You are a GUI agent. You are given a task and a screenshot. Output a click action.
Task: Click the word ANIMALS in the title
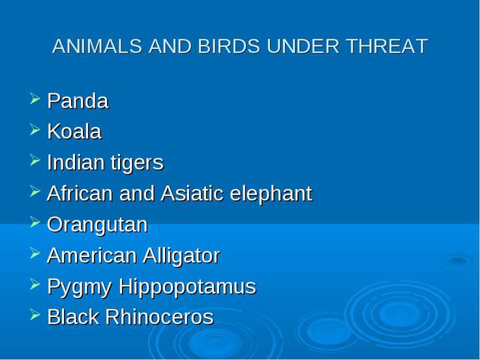coord(97,46)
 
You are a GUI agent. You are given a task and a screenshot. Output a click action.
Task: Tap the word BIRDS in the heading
coord(230,46)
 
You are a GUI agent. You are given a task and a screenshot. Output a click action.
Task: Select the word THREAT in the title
coord(387,46)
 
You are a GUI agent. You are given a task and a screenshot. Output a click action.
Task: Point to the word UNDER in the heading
coord(303,46)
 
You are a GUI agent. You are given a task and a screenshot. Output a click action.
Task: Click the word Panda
coord(78,100)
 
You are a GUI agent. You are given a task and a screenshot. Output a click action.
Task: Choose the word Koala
coord(74,132)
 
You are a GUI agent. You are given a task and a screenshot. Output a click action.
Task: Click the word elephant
coord(271,194)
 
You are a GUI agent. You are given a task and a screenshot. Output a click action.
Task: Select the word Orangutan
coord(97,225)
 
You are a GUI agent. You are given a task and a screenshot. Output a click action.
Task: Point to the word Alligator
coord(181,256)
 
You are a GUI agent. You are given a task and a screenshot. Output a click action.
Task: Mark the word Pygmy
coord(80,287)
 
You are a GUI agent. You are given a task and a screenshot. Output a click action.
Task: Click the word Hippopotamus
coord(187,287)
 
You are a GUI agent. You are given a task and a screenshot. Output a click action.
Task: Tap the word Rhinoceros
coord(160,317)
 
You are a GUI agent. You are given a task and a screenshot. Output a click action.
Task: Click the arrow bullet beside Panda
coord(35,99)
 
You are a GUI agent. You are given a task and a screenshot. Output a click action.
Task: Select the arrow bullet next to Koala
coord(35,130)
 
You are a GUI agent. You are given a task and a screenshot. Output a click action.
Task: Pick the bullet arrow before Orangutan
coord(35,222)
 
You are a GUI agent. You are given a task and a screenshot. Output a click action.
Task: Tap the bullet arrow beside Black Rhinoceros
coord(35,315)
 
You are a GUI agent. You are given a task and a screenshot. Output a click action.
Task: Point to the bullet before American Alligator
coord(35,253)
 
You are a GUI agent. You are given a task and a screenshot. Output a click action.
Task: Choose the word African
coord(80,194)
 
